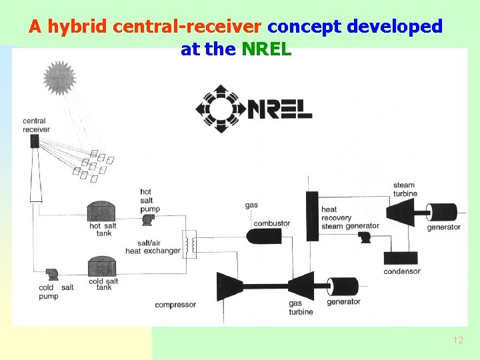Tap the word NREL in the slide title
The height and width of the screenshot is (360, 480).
pos(267,49)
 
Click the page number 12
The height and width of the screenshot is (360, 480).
pos(458,341)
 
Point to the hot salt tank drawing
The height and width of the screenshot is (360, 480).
pos(101,211)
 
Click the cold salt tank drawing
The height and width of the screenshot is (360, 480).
pos(103,267)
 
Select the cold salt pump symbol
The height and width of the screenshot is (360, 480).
pos(49,275)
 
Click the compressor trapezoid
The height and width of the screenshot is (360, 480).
pos(229,286)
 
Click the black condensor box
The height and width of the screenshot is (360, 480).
pos(401,259)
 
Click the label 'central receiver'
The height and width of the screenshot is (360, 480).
pos(35,125)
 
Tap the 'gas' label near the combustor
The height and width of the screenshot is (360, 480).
pos(251,205)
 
